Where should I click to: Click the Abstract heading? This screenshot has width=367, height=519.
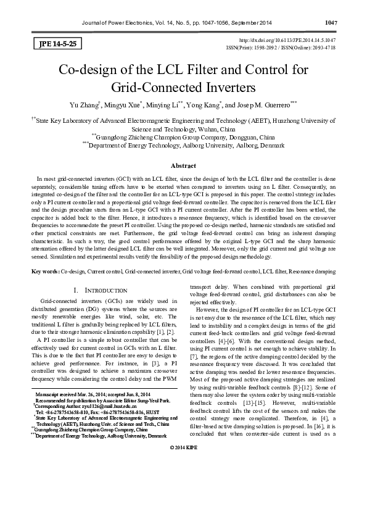coord(183,165)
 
